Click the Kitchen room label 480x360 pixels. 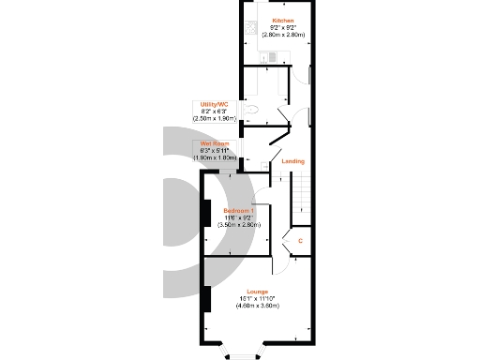pos(282,21)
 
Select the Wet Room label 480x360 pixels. pos(209,143)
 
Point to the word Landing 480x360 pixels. pos(293,161)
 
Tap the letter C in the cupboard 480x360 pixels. pos(299,241)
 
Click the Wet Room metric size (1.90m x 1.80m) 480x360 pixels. pos(214,157)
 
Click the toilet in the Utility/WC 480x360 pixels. pos(248,111)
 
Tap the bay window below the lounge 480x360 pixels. pos(241,354)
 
